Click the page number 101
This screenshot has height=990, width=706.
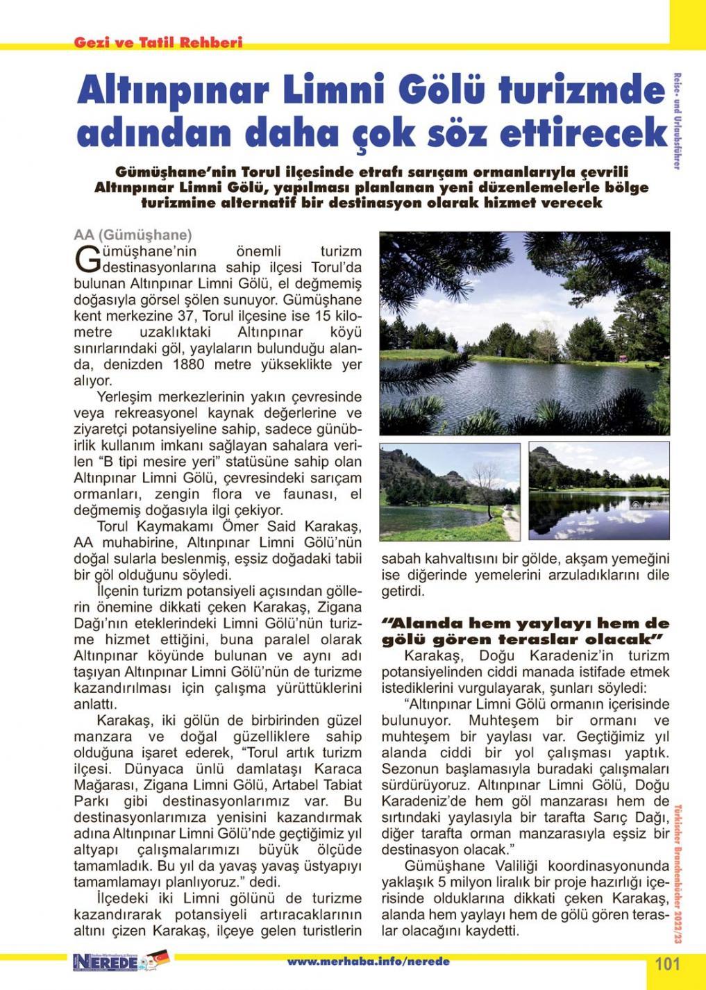tap(667, 964)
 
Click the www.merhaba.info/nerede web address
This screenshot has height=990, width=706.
tap(368, 962)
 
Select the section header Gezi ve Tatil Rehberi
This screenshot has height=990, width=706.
tap(158, 42)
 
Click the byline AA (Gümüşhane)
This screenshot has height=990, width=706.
tap(133, 235)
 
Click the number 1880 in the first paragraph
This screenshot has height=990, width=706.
tap(188, 364)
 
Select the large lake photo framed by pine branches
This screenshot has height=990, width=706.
tap(525, 333)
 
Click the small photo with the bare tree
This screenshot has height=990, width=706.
tap(450, 492)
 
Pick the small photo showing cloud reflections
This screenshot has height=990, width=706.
tap(598, 492)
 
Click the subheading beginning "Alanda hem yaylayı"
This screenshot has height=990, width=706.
tap(526, 630)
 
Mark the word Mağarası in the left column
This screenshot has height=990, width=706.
tap(103, 785)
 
